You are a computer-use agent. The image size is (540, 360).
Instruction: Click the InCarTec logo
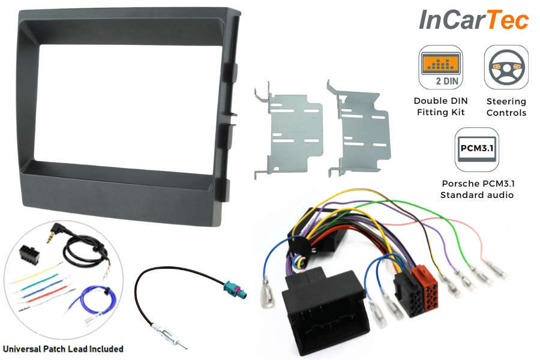point(473,20)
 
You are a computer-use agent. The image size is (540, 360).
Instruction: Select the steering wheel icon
point(506,66)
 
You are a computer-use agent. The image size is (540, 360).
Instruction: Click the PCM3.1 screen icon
point(476,148)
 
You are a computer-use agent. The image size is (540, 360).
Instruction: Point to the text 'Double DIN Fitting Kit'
point(441,106)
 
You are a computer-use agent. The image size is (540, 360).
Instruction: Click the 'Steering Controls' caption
point(506,107)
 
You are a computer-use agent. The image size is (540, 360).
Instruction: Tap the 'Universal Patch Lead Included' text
point(63,349)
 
